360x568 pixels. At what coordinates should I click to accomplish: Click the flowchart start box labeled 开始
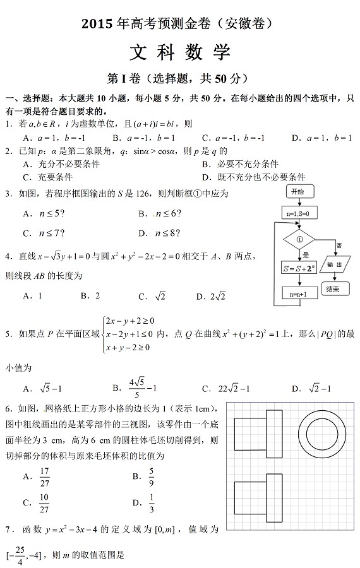[x=297, y=191]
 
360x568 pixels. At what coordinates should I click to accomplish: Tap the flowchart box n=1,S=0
[x=297, y=213]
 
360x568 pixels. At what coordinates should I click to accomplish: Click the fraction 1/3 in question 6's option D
[x=152, y=502]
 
